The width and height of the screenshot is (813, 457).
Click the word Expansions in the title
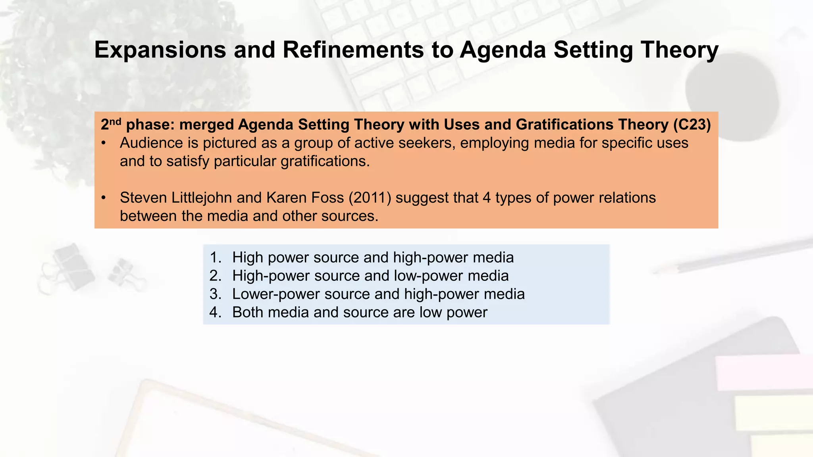pyautogui.click(x=160, y=50)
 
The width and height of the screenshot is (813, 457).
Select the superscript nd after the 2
pyautogui.click(x=115, y=121)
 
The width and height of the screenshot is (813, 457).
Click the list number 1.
pyautogui.click(x=215, y=257)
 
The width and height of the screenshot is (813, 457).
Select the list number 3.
pyautogui.click(x=215, y=294)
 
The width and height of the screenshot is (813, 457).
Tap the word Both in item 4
pyautogui.click(x=248, y=312)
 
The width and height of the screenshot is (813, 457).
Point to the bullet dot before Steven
pyautogui.click(x=104, y=198)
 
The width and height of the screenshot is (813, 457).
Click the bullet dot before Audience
pyautogui.click(x=104, y=143)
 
